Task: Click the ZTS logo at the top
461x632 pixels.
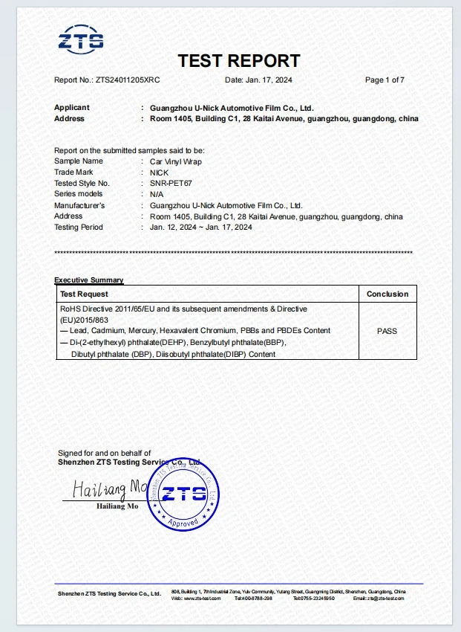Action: pyautogui.click(x=81, y=40)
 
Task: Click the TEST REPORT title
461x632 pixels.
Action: pyautogui.click(x=239, y=61)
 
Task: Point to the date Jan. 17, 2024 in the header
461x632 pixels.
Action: pyautogui.click(x=265, y=80)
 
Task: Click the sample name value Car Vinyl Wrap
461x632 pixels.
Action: pyautogui.click(x=175, y=161)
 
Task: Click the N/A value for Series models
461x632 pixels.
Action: pyautogui.click(x=157, y=194)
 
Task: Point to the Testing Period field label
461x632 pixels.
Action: pyautogui.click(x=79, y=227)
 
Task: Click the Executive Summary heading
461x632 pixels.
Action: pyautogui.click(x=89, y=280)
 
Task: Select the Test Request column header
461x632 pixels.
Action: pyautogui.click(x=84, y=294)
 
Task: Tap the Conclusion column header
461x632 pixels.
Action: pyautogui.click(x=388, y=294)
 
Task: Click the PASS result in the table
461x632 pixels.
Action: pyautogui.click(x=388, y=331)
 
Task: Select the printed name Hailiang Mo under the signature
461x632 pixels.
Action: pyautogui.click(x=117, y=506)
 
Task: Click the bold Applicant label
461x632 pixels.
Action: pyautogui.click(x=72, y=108)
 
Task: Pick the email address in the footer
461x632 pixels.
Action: pyautogui.click(x=379, y=598)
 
